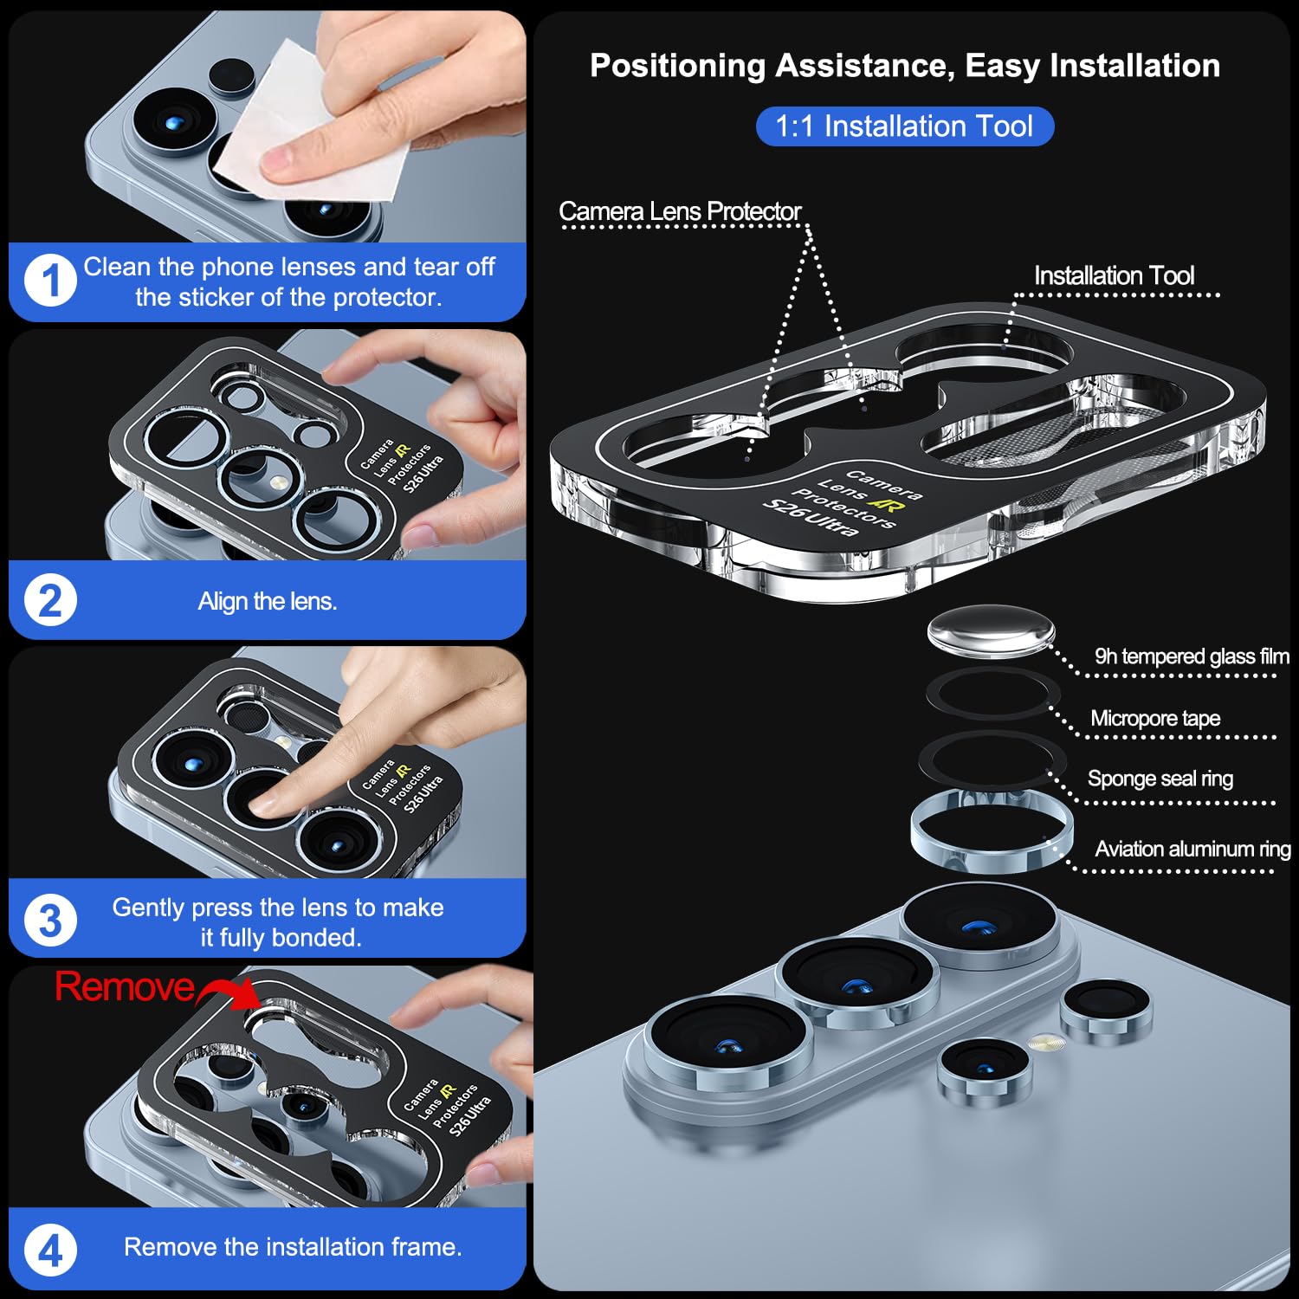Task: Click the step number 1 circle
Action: [x=50, y=281]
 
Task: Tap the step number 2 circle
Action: [x=50, y=601]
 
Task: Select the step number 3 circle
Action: [x=50, y=921]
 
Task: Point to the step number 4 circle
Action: [x=50, y=1251]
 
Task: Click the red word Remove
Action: [x=125, y=986]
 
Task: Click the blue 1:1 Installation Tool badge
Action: [x=904, y=126]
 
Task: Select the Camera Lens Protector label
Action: [x=680, y=210]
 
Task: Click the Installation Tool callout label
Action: [x=1114, y=275]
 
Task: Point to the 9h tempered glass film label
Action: [x=1192, y=656]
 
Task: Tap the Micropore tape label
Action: [x=1155, y=718]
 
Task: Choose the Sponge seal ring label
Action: [x=1160, y=779]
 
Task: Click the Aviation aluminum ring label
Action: [x=1192, y=849]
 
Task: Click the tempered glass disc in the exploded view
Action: [x=991, y=631]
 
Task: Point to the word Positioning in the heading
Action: [x=678, y=66]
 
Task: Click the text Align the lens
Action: [x=268, y=601]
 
